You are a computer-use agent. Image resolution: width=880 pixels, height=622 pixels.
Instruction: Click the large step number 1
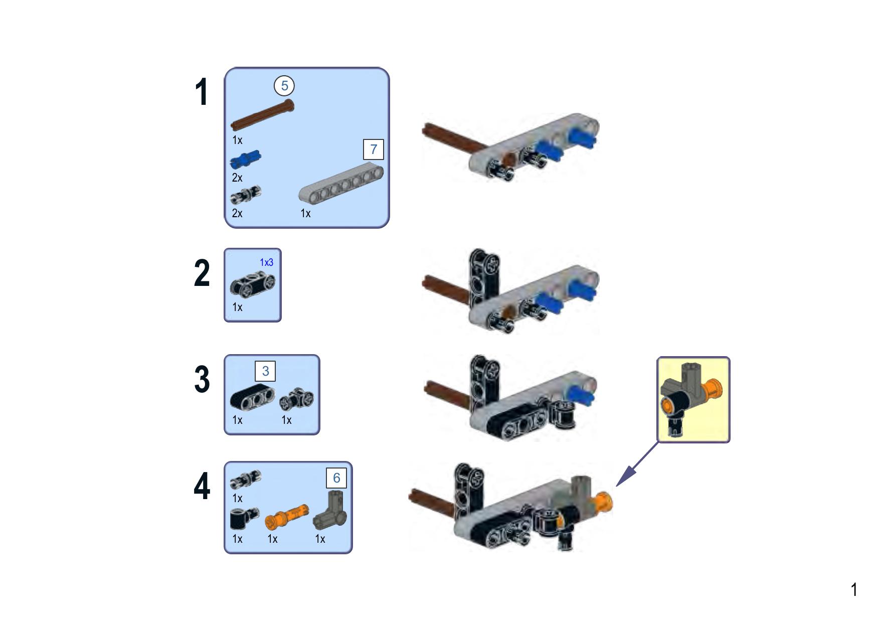(x=202, y=92)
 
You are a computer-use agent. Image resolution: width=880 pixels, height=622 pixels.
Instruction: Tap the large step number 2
(x=202, y=273)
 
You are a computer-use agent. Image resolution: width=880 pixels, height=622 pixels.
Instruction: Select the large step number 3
(x=202, y=380)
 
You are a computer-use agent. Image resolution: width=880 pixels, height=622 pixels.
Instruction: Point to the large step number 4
(x=202, y=487)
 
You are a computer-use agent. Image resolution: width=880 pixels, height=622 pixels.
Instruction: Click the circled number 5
(x=284, y=86)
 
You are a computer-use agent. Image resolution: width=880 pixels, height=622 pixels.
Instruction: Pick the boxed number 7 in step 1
(x=374, y=149)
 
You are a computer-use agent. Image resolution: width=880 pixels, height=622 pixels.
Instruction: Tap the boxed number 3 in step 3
(x=265, y=371)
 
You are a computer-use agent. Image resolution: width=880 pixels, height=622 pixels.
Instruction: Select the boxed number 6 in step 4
(x=336, y=478)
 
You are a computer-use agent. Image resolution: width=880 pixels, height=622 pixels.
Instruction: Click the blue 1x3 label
(x=266, y=262)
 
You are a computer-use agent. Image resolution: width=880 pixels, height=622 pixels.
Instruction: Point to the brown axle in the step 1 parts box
(x=262, y=115)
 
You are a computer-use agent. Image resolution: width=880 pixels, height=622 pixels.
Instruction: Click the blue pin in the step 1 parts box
(x=245, y=160)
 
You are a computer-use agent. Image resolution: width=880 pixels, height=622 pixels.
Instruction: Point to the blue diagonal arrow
(x=637, y=464)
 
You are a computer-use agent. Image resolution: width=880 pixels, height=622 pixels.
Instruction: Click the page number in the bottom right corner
(x=854, y=590)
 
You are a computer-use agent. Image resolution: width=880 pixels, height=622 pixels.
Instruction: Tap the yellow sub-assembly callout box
(x=693, y=400)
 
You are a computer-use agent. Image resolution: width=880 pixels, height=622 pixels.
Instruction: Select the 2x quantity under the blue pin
(x=237, y=178)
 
